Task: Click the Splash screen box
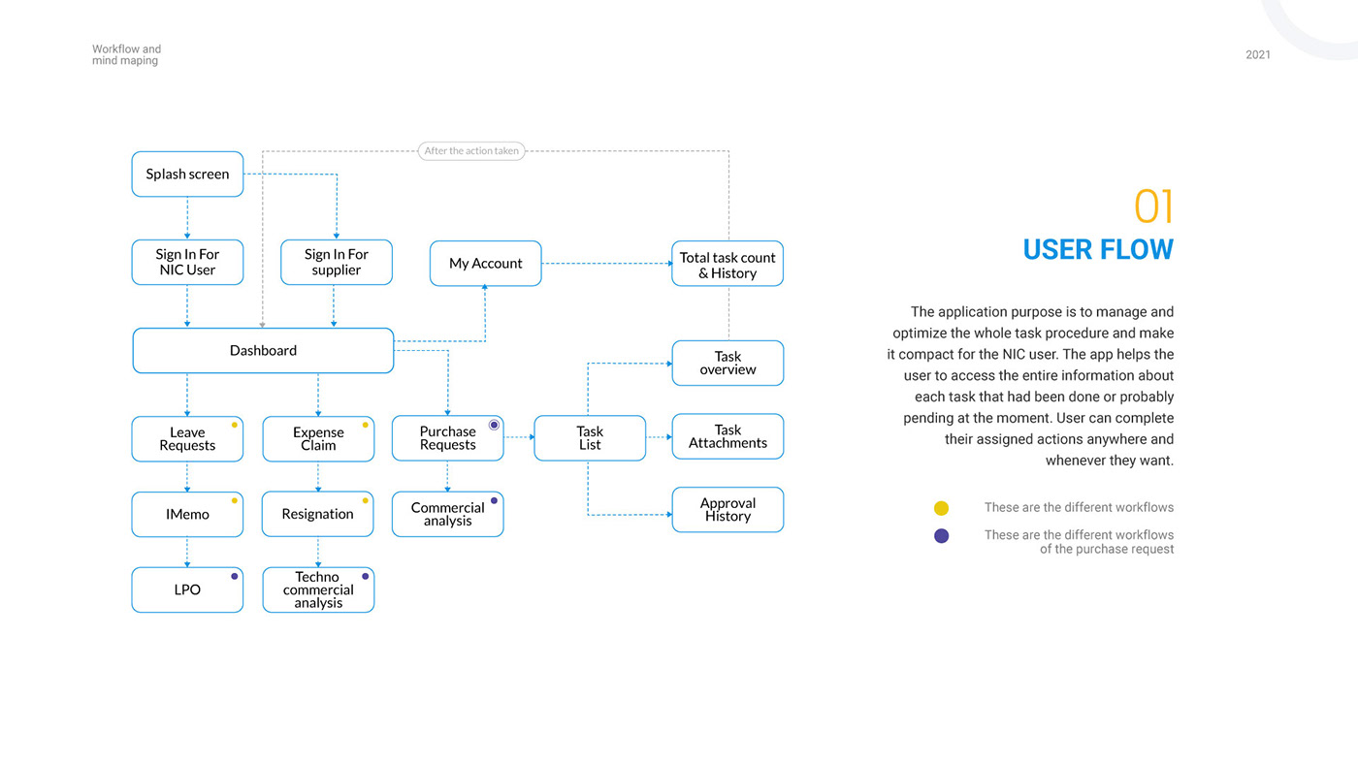[187, 174]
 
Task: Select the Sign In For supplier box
[337, 263]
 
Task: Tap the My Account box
[486, 264]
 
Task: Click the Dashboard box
[263, 350]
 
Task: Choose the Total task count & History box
[727, 264]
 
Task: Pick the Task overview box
[727, 363]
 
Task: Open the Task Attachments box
[727, 436]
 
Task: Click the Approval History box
[727, 510]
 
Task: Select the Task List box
[590, 438]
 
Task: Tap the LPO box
[187, 589]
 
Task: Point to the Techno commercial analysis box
[318, 589]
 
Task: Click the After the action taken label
[471, 151]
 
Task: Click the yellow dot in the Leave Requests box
[234, 426]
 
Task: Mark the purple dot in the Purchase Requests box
[494, 425]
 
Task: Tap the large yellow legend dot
[941, 508]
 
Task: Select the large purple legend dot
[941, 535]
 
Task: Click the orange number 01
[1153, 207]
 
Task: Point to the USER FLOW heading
[1098, 249]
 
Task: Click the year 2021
[1258, 54]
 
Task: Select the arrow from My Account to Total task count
[607, 264]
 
